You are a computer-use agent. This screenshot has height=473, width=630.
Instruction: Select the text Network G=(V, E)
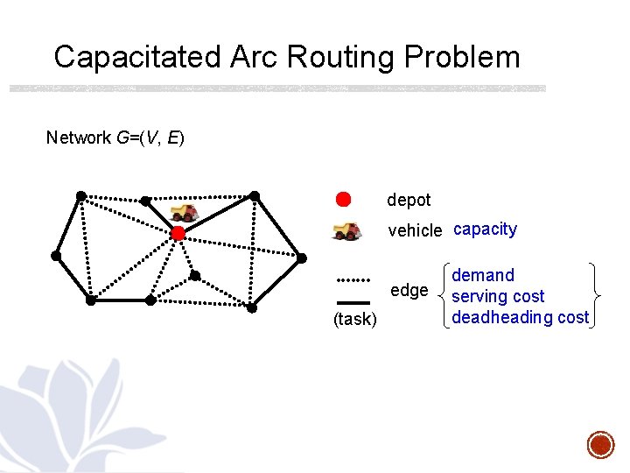click(x=115, y=138)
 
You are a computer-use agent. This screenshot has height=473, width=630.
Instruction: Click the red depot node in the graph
click(x=178, y=233)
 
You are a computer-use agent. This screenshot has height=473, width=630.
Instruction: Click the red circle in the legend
click(x=344, y=199)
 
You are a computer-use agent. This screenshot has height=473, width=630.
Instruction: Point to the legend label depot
click(x=409, y=200)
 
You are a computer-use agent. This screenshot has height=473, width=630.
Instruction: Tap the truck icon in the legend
click(x=346, y=230)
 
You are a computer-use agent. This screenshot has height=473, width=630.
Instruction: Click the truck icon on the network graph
click(x=185, y=212)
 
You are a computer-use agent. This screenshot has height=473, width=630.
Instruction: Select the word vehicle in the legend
click(x=415, y=230)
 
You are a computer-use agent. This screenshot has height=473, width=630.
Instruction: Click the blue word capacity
click(x=485, y=229)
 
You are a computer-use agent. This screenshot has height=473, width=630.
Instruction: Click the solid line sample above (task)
click(x=353, y=302)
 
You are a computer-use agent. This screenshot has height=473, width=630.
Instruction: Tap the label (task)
click(x=355, y=320)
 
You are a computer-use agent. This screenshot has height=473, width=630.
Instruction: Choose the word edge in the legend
click(x=409, y=290)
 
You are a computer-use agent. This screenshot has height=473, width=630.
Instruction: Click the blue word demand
click(x=483, y=276)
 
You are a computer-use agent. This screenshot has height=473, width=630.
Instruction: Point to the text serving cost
click(x=498, y=297)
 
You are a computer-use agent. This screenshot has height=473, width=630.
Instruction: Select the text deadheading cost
click(x=520, y=317)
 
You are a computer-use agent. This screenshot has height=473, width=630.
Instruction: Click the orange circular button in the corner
click(x=600, y=444)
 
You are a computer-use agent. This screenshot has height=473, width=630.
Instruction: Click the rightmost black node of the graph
click(x=303, y=258)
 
